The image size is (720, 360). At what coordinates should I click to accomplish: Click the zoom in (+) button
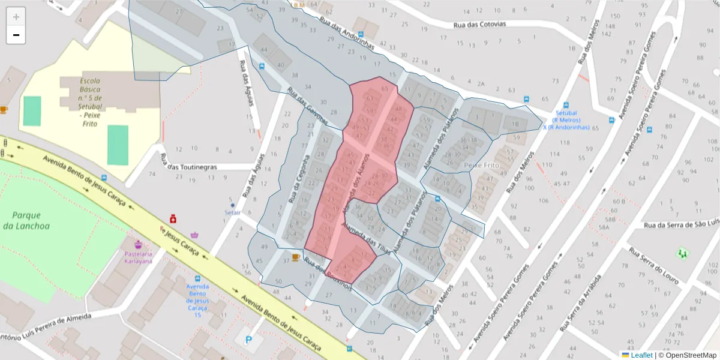(16, 17)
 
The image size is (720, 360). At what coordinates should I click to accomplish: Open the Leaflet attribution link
(641, 355)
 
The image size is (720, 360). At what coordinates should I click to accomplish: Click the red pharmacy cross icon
(173, 217)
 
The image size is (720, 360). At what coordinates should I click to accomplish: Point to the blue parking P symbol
(249, 340)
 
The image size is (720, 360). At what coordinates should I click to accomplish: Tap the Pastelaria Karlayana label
(139, 257)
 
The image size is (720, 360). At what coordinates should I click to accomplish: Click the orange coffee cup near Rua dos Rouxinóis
(295, 257)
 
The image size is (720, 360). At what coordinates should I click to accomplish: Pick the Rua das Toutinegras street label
(188, 167)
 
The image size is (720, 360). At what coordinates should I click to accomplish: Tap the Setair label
(232, 212)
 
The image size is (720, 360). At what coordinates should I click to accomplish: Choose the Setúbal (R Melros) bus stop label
(566, 120)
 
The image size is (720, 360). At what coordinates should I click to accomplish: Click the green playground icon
(682, 253)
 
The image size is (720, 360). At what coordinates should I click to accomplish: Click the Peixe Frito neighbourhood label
(482, 164)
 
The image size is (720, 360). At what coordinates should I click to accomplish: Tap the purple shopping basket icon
(194, 235)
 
